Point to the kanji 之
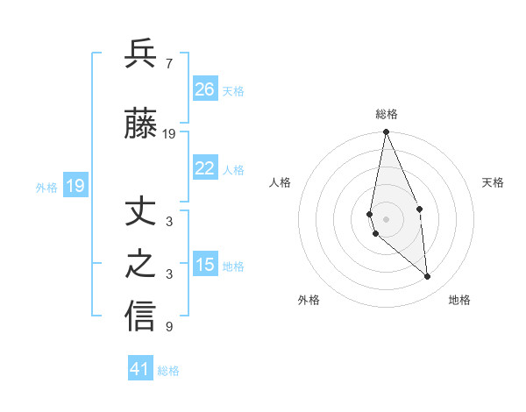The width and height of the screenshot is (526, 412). click(x=140, y=265)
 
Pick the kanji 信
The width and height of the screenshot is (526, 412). click(x=140, y=316)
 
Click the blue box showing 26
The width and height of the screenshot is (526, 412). click(x=205, y=89)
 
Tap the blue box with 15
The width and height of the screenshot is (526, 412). click(x=205, y=264)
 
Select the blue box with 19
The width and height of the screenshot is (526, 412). click(x=75, y=186)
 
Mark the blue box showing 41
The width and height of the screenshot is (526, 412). click(x=141, y=369)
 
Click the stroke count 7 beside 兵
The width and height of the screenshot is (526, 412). click(x=168, y=64)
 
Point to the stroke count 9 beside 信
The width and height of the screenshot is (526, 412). click(x=168, y=327)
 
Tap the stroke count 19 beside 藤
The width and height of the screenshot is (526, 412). click(x=169, y=134)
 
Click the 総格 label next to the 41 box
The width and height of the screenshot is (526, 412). click(x=168, y=371)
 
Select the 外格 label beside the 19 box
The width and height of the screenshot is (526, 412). click(x=46, y=188)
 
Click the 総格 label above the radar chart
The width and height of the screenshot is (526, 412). click(x=386, y=114)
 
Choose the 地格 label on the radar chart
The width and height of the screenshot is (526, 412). click(x=459, y=300)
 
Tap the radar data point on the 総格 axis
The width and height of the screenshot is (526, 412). click(x=386, y=132)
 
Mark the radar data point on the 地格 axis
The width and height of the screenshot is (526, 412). click(x=428, y=277)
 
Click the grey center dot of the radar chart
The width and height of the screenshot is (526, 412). click(x=386, y=218)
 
